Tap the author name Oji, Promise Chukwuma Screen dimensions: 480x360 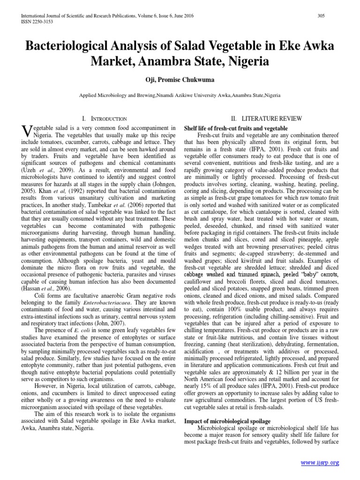180,77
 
